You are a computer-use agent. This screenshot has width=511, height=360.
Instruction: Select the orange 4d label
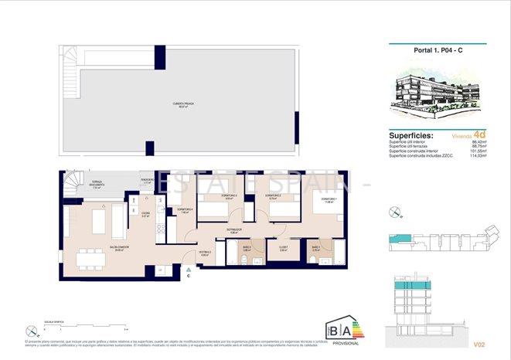click(479, 134)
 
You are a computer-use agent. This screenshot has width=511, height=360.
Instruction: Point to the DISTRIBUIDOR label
click(234, 230)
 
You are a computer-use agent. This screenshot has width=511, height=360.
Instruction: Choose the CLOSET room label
click(283, 248)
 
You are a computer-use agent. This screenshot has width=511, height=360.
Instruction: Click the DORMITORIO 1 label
click(322, 200)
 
